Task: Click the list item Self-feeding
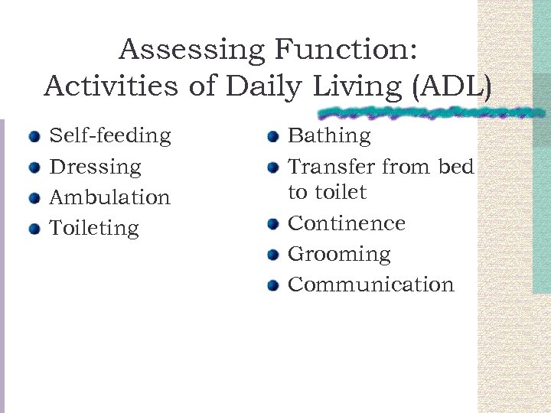pos(109,136)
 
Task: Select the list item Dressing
pos(95,167)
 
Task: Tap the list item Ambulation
pos(109,197)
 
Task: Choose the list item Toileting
pos(94,228)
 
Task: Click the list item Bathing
pos(329,136)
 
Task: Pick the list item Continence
pos(346,223)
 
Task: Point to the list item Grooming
pos(339,254)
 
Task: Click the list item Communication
pos(370,285)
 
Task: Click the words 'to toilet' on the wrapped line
pos(327,192)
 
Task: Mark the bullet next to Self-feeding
pos(34,138)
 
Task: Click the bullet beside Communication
pos(272,286)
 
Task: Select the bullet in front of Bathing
pos(272,138)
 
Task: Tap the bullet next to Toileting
pos(34,229)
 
